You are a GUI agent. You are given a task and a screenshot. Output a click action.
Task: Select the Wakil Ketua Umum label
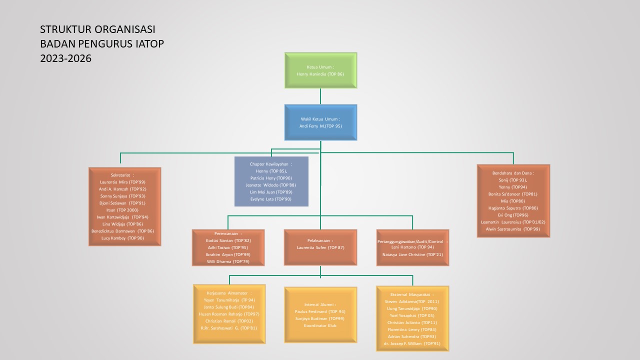320,119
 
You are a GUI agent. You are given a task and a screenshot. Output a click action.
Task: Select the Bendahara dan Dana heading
513,173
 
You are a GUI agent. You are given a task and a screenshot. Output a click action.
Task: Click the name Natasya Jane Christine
412,254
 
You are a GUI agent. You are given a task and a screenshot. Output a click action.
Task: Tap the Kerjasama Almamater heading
229,293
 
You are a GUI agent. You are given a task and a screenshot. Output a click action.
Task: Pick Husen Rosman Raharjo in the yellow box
229,314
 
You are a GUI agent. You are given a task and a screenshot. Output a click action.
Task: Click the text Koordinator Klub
320,325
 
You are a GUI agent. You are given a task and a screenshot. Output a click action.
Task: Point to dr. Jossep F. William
412,344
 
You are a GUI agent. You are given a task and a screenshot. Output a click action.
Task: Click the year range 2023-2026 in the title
66,58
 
